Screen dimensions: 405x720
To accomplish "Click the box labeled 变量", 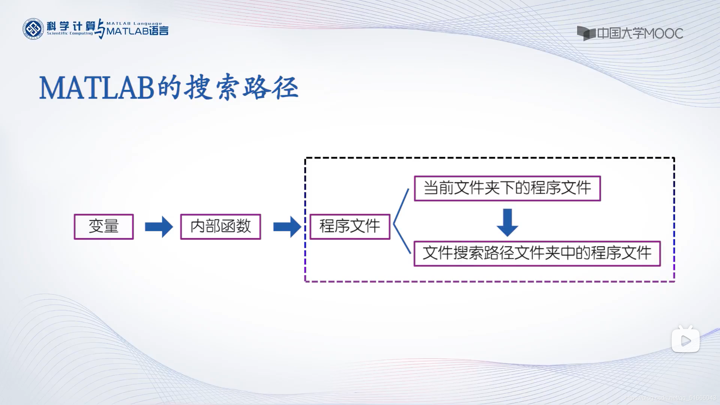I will pyautogui.click(x=104, y=226).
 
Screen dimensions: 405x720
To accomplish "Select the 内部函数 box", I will pyautogui.click(x=220, y=226).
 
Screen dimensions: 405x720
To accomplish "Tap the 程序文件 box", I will pyautogui.click(x=350, y=226).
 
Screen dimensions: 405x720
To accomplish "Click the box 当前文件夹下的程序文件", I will pyautogui.click(x=507, y=188).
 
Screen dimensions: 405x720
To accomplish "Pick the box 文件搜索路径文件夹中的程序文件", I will pyautogui.click(x=537, y=253).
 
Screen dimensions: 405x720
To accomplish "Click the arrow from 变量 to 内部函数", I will pyautogui.click(x=159, y=227).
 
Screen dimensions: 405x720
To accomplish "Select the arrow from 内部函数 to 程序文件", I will pyautogui.click(x=287, y=227).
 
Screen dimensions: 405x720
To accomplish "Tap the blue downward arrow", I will pyautogui.click(x=507, y=222).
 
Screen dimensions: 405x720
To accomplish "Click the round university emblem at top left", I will pyautogui.click(x=33, y=29).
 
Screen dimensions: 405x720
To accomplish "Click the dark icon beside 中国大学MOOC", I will pyautogui.click(x=586, y=33).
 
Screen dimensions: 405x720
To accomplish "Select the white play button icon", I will pyautogui.click(x=685, y=340).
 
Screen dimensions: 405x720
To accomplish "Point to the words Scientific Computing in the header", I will pyautogui.click(x=70, y=33).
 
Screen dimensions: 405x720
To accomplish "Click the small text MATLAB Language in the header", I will pyautogui.click(x=134, y=23).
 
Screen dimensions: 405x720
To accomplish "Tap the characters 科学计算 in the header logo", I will pyautogui.click(x=70, y=26).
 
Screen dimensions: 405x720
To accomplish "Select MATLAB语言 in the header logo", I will pyautogui.click(x=137, y=31).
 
